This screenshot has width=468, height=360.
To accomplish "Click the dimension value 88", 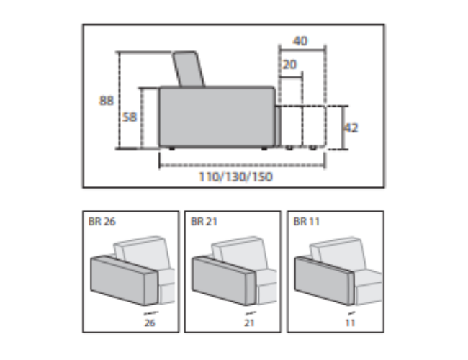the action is [107, 101].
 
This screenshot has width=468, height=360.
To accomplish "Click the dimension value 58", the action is [130, 117].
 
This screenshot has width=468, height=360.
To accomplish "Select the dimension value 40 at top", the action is [300, 41].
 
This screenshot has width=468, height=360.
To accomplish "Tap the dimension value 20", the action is [289, 65].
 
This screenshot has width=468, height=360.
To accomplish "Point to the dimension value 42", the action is [351, 128].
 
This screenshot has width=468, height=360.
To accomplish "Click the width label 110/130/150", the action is [235, 176].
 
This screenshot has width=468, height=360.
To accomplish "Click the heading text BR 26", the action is [102, 222].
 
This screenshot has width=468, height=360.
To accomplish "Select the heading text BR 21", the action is [204, 222].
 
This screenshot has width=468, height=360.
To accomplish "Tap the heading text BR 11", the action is [307, 222].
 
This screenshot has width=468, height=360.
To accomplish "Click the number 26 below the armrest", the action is [150, 323].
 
